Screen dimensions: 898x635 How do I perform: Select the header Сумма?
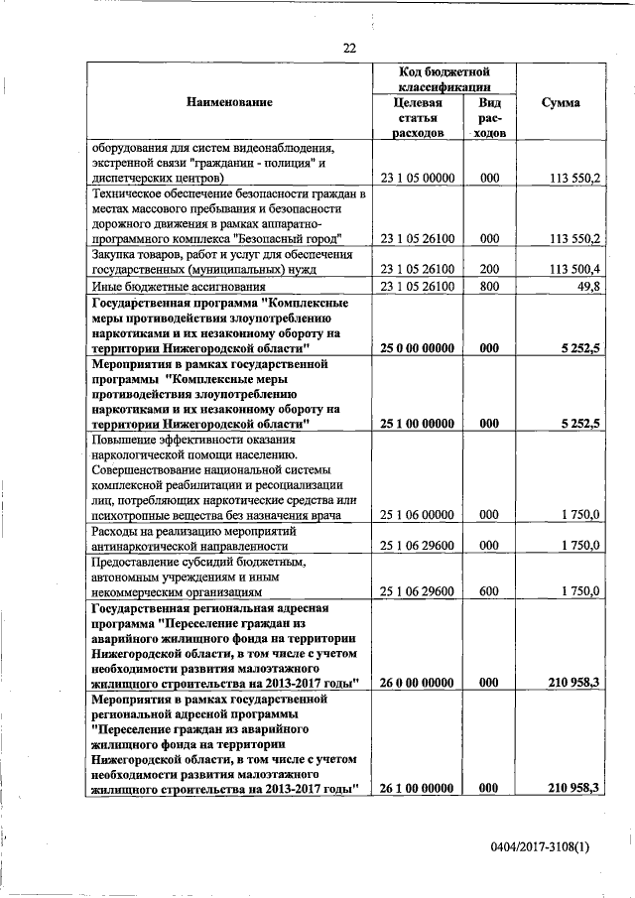click(561, 102)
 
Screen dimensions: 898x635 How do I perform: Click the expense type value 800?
click(488, 287)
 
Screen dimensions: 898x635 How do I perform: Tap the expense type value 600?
click(488, 591)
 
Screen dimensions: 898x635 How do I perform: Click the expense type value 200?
click(488, 268)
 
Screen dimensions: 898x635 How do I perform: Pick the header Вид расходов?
click(488, 117)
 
